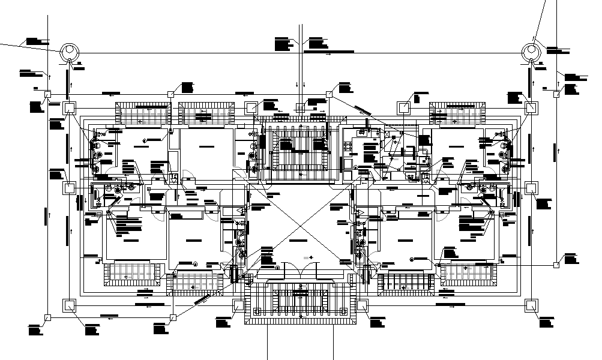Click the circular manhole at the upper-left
(69, 52)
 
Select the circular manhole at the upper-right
(532, 52)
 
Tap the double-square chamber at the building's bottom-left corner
(69, 305)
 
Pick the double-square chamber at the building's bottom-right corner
(531, 305)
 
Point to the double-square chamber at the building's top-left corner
(69, 108)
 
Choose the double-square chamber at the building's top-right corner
(531, 108)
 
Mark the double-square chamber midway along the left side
(69, 188)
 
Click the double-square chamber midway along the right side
(531, 188)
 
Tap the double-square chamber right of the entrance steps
(362, 305)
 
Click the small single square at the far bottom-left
(47, 317)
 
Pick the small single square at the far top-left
(47, 94)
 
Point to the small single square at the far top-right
(556, 94)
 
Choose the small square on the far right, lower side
(556, 263)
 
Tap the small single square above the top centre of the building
(329, 94)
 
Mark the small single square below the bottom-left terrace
(173, 317)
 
